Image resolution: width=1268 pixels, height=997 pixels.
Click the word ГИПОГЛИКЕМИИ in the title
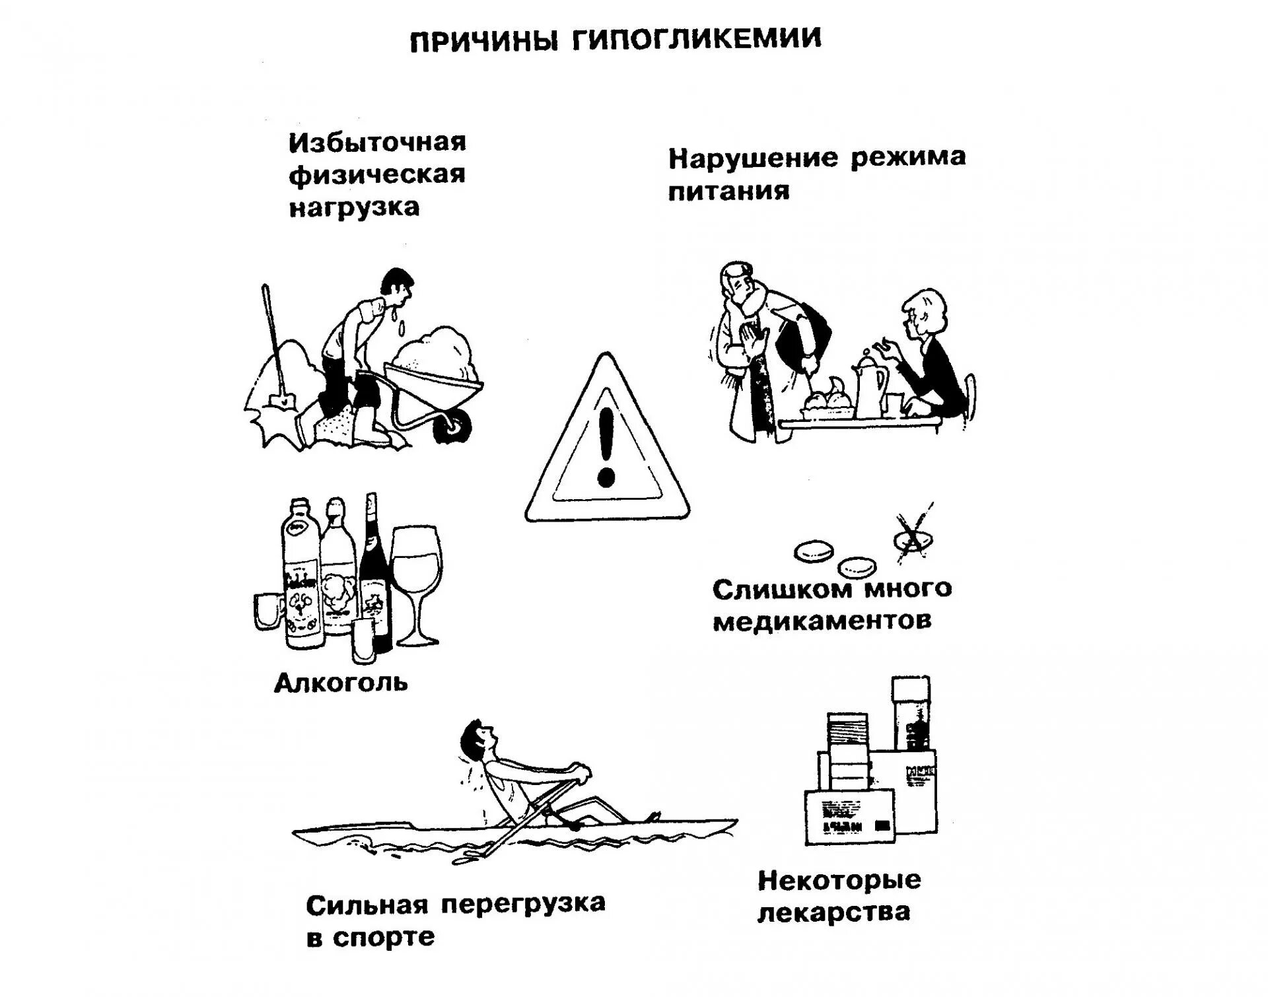(696, 40)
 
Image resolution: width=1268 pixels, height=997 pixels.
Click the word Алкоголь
(341, 683)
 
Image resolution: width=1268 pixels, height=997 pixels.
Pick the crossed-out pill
(913, 539)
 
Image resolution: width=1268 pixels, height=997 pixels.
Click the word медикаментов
(822, 621)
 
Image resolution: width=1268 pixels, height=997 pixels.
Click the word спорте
(384, 938)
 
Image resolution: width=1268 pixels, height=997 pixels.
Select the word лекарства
(833, 912)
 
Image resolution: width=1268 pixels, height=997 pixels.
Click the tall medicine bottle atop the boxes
(911, 713)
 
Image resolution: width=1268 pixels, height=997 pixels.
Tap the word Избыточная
(377, 143)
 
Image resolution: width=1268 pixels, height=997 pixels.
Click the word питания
(728, 191)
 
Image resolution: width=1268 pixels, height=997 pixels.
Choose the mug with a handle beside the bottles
(269, 611)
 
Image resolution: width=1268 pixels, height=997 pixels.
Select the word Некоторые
(839, 880)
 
